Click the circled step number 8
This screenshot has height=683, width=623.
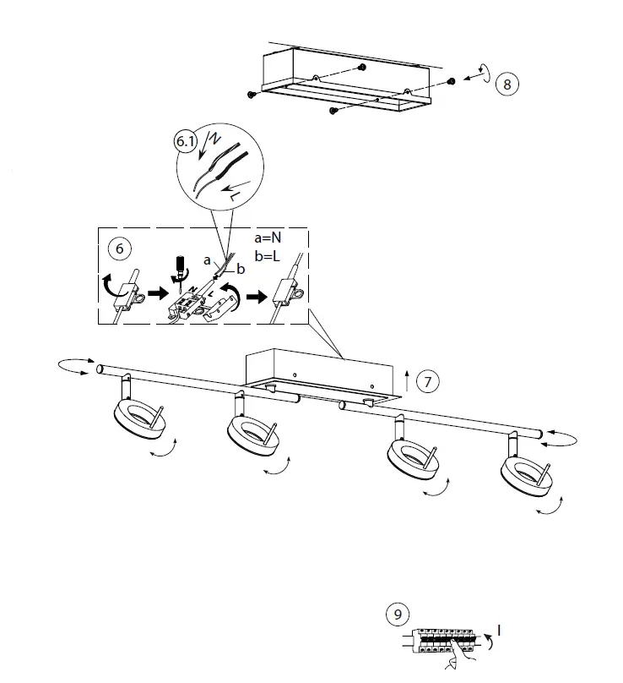(x=507, y=84)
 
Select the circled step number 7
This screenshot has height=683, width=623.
(x=428, y=382)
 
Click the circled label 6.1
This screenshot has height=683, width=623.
(x=186, y=143)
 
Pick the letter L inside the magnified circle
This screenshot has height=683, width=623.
(x=236, y=195)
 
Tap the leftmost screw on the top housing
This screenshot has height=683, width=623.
(x=252, y=94)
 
